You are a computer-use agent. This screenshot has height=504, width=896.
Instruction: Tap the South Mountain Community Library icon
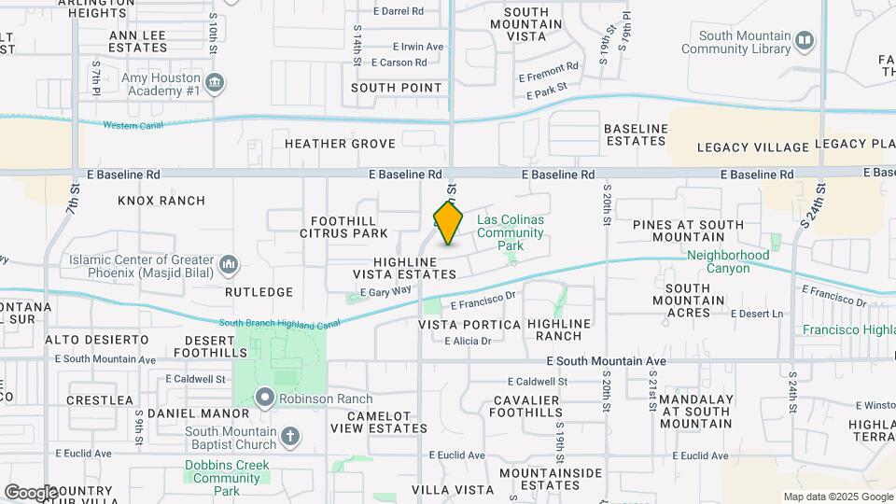pyautogui.click(x=805, y=41)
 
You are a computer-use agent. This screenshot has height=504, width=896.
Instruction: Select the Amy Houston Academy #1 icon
pyautogui.click(x=216, y=83)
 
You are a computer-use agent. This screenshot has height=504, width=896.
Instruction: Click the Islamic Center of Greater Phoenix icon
pyautogui.click(x=229, y=266)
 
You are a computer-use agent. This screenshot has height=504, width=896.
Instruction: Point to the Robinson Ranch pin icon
pyautogui.click(x=265, y=399)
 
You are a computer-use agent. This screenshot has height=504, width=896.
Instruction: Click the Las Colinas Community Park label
pyautogui.click(x=510, y=232)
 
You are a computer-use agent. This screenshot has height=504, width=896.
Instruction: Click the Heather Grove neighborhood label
pyautogui.click(x=340, y=144)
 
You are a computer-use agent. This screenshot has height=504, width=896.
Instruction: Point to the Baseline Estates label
pyautogui.click(x=636, y=134)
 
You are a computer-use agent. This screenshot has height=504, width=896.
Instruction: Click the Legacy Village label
pyautogui.click(x=752, y=147)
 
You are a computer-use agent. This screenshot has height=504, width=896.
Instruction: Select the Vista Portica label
pyautogui.click(x=469, y=324)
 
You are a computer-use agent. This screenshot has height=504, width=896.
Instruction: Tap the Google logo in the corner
pyautogui.click(x=30, y=492)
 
